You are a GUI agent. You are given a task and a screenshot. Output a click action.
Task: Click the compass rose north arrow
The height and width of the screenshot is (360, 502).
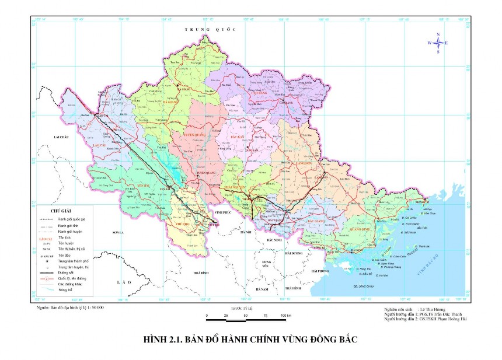point(438,36)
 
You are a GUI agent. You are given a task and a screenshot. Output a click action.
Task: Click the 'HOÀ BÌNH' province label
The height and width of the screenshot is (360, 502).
point(200,272)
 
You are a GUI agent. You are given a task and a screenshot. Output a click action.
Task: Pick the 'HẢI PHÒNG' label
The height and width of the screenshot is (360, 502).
point(320,271)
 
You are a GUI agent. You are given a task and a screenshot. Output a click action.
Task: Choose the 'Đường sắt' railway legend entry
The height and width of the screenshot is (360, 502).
point(67,272)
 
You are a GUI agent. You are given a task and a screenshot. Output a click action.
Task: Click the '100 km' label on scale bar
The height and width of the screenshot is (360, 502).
point(285,316)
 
